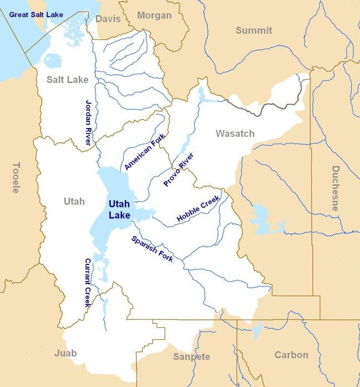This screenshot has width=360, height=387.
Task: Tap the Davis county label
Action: click(x=107, y=19)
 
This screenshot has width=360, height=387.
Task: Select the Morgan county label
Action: click(x=154, y=15)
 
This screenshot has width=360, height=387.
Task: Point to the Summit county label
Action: click(x=254, y=30)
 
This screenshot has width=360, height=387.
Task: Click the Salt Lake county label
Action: click(x=67, y=80)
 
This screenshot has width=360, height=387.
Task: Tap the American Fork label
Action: click(x=145, y=155)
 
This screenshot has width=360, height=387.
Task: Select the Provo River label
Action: click(x=178, y=169)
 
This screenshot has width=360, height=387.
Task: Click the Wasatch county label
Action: click(x=235, y=133)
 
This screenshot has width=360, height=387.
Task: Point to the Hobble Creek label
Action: click(x=198, y=209)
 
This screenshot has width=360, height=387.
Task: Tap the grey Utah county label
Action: click(x=74, y=201)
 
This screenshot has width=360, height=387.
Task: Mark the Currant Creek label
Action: click(x=87, y=283)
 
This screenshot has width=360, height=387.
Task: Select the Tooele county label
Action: click(x=16, y=177)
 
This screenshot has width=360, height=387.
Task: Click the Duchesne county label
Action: click(x=335, y=188)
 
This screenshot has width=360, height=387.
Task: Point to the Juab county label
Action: click(x=65, y=353)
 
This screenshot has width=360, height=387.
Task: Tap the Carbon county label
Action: click(x=291, y=355)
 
